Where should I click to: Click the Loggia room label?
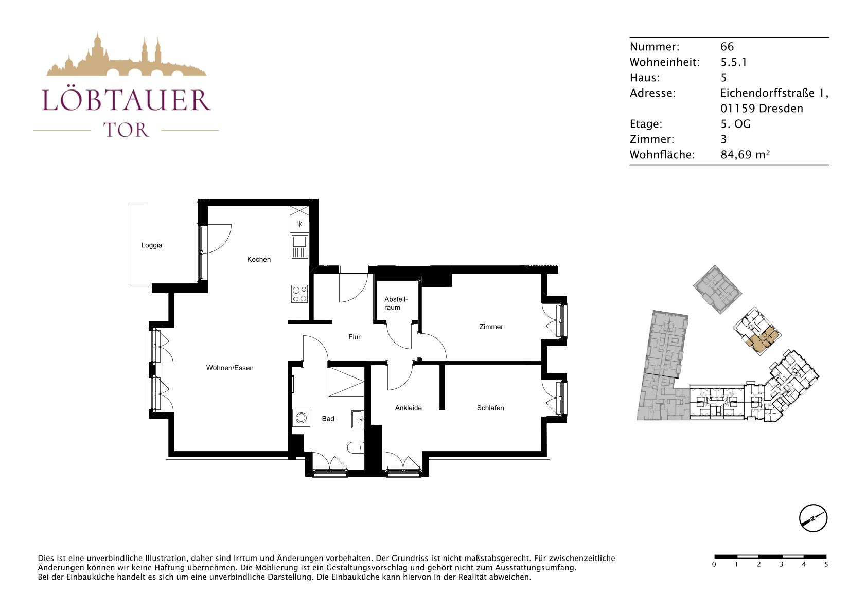pos(152,245)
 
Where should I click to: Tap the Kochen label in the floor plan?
pos(259,259)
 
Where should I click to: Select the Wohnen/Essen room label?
pos(229,368)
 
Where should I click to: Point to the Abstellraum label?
pos(396,303)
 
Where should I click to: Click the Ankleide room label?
pos(408,408)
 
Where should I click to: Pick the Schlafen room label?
pos(490,408)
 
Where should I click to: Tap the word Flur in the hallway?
pos(354,337)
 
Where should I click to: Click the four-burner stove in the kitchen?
pos(299,294)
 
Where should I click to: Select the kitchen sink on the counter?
pos(299,246)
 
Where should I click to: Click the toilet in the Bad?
pos(356,448)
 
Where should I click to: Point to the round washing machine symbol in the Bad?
pos(301,418)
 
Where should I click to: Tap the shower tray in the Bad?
pos(346,382)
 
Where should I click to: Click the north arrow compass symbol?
pos(813,518)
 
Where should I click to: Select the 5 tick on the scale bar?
pos(826,564)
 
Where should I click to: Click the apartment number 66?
pos(727,47)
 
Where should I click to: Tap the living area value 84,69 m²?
pos(746,155)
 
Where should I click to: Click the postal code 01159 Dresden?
pos(762,109)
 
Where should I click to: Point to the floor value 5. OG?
pos(735,124)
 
